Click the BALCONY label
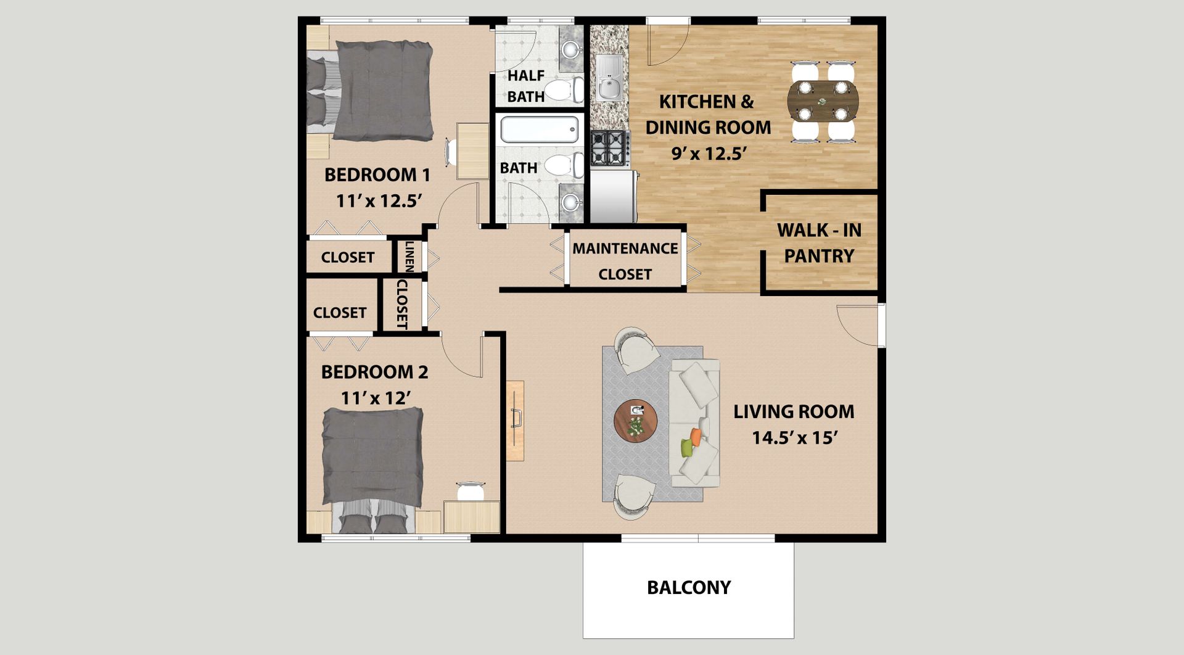688,587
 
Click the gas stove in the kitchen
609,148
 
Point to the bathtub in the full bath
539,130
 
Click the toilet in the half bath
564,90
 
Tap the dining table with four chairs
822,101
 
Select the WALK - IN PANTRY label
819,243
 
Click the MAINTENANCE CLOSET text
625,261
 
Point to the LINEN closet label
409,256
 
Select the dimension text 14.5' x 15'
794,438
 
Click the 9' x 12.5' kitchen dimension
709,153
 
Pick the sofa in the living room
694,423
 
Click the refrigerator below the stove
613,196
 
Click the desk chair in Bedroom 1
451,151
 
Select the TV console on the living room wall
515,421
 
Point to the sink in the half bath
571,48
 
